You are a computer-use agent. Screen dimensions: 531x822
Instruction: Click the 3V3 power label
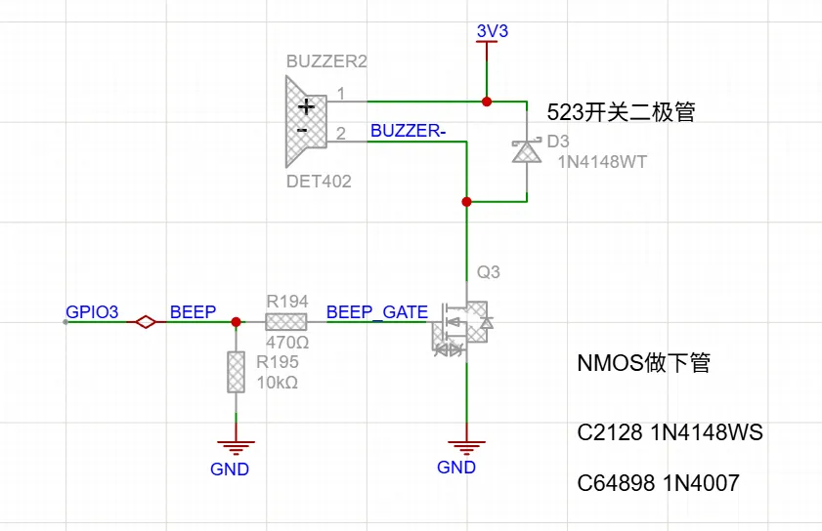[492, 31]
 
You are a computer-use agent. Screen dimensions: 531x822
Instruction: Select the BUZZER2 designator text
[326, 61]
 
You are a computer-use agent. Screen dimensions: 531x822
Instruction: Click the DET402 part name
[319, 182]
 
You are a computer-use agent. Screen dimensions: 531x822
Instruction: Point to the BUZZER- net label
[409, 131]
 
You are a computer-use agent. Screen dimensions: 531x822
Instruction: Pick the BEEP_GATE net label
[376, 312]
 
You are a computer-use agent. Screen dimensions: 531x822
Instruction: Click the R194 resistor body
[286, 322]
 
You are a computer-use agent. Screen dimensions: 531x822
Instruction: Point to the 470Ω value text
[287, 344]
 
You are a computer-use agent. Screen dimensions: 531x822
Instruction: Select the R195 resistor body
[236, 372]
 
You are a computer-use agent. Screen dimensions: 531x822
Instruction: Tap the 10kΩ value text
[277, 382]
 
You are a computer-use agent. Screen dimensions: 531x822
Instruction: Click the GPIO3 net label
[92, 312]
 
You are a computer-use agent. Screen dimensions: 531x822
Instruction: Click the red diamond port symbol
[146, 322]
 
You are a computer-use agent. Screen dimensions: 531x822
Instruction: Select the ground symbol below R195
[236, 448]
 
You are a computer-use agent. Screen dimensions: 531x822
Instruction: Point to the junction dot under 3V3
[488, 101]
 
